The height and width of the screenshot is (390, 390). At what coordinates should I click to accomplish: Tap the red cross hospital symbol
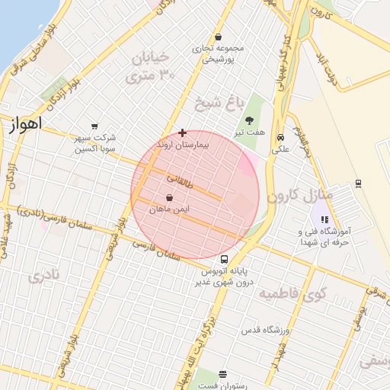[182, 133]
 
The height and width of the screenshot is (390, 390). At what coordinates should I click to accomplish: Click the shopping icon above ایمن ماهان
[168, 197]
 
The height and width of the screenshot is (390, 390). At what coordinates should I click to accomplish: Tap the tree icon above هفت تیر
[250, 119]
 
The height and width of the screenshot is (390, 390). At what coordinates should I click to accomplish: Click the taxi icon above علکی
[281, 138]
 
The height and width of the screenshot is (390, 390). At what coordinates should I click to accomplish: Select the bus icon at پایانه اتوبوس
[223, 259]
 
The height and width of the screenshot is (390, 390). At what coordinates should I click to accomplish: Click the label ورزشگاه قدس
[262, 329]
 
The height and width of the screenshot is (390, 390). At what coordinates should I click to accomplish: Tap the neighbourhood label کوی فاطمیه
[292, 292]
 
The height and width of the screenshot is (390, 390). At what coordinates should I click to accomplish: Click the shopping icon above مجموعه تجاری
[219, 37]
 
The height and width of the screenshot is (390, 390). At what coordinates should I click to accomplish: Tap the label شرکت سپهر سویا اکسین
[94, 143]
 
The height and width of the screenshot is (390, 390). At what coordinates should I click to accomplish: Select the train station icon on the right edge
[357, 184]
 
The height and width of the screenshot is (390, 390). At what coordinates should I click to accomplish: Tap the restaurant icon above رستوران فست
[222, 374]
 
